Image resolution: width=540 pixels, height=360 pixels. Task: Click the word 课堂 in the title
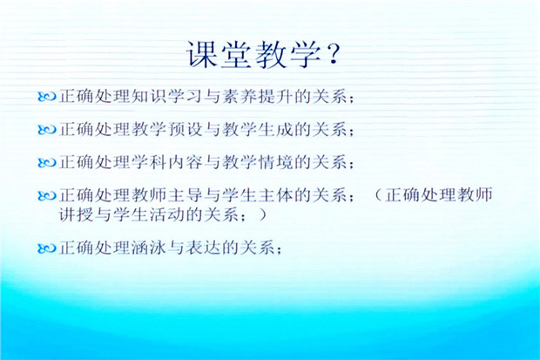pos(219,54)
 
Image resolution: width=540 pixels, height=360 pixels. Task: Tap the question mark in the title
pos(333,54)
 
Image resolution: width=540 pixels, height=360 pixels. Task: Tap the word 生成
pos(276,130)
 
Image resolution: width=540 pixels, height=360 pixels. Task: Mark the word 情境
pos(276,162)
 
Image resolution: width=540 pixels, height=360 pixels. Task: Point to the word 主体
pos(276,195)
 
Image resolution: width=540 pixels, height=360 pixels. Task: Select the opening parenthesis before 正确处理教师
pos(378,195)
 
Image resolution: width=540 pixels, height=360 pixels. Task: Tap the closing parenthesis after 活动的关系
pos(262,214)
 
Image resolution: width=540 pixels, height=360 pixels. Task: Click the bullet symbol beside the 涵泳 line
pos(47,248)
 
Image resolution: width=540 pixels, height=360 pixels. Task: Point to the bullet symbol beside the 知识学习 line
pos(47,97)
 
